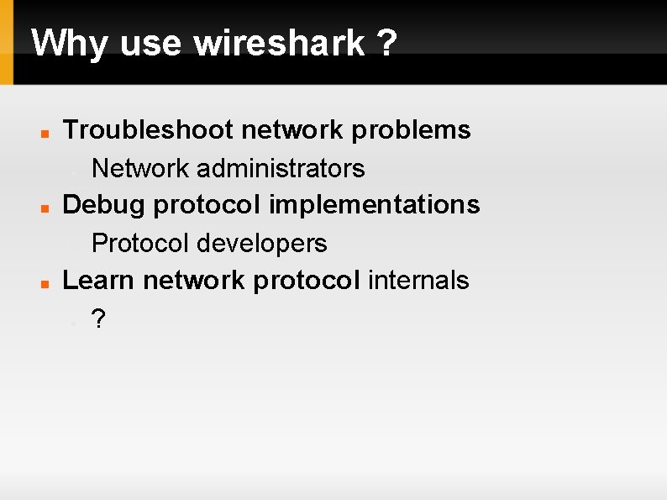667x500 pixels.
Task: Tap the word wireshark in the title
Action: [280, 43]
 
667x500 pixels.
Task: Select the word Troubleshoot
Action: [147, 130]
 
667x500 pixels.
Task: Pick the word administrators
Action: [281, 169]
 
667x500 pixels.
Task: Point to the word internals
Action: [418, 280]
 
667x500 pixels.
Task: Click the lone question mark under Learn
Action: [98, 319]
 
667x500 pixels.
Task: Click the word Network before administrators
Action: [140, 169]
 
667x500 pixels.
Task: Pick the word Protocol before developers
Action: [140, 244]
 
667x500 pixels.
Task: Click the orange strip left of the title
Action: [7, 42]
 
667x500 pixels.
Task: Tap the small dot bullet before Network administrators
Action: [75, 171]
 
